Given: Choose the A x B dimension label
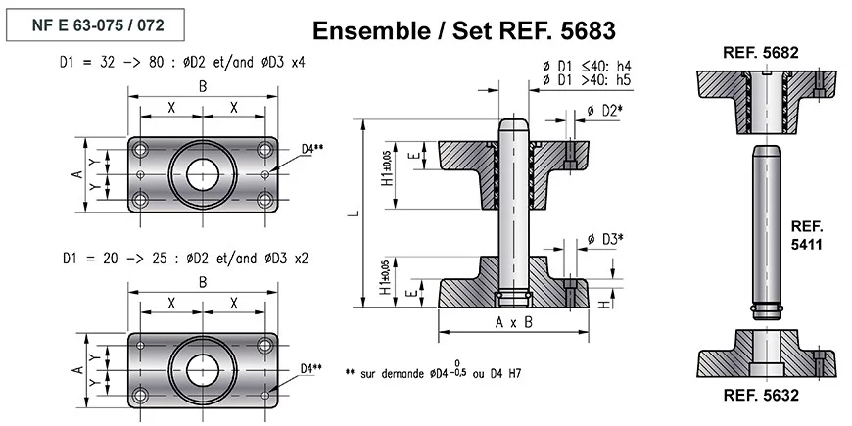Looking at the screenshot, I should coord(514,321).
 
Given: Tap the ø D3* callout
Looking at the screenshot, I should coord(604,239).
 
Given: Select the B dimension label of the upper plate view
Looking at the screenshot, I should coord(203,85).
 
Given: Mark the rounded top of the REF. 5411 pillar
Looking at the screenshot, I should coord(767,150).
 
